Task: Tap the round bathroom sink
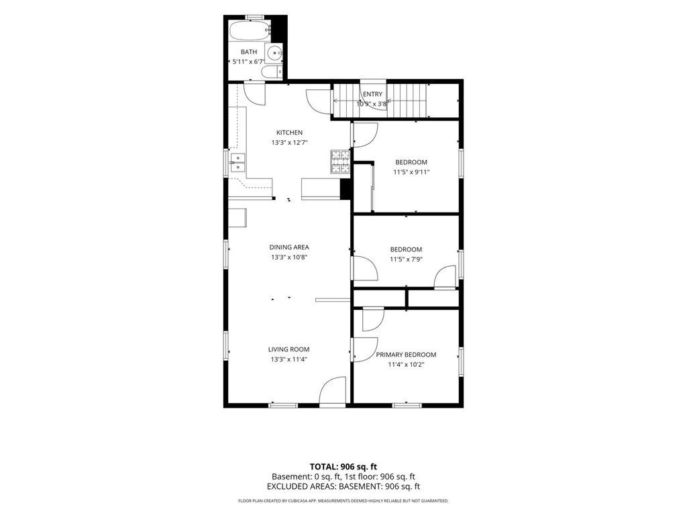pos(274,53)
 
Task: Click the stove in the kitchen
pos(340,162)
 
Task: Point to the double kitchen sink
pos(237,162)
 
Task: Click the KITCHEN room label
pos(289,133)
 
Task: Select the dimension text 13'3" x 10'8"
pos(289,257)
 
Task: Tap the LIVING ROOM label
pos(288,349)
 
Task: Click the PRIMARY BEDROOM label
pos(406,355)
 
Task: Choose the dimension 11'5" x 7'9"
pos(406,260)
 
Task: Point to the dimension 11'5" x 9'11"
pos(411,172)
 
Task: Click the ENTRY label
pos(372,94)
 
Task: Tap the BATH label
pos(249,52)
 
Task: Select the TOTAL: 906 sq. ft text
pos(343,467)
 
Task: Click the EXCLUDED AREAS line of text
pos(343,487)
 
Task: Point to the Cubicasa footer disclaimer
pos(343,501)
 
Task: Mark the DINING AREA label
pos(289,247)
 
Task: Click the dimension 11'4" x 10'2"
pos(406,364)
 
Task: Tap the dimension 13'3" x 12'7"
pos(289,142)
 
